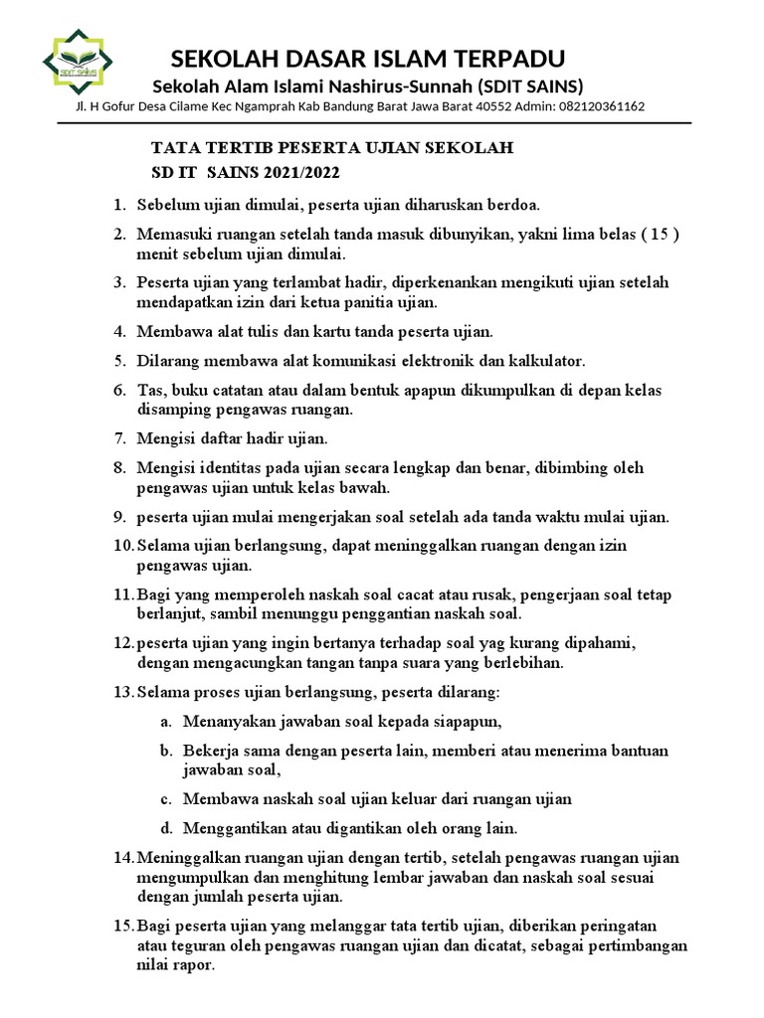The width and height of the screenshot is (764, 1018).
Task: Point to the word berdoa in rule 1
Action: (x=513, y=206)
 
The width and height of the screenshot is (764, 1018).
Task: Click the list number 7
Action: (x=118, y=437)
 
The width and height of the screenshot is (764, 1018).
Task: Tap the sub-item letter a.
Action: (x=164, y=721)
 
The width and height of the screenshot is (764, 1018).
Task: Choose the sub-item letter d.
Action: (x=164, y=827)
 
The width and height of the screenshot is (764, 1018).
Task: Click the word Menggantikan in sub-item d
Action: (x=232, y=827)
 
